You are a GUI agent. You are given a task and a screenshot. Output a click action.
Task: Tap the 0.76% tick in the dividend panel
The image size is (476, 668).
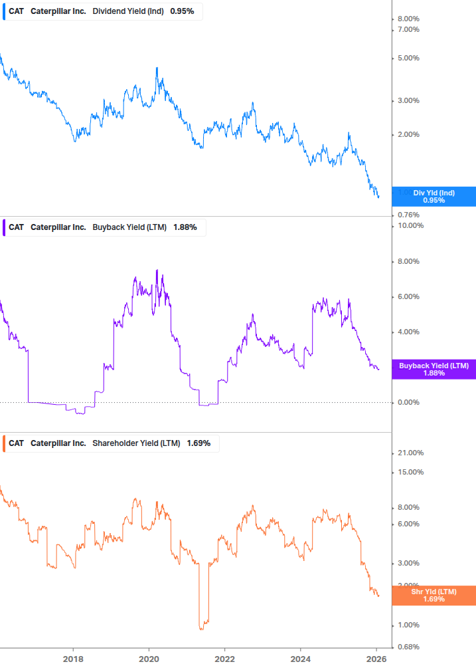pyautogui.click(x=408, y=215)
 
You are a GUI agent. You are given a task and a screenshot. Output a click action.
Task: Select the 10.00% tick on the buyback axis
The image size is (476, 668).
pyautogui.click(x=410, y=226)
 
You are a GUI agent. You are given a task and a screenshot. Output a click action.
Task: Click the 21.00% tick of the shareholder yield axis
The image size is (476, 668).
pyautogui.click(x=410, y=453)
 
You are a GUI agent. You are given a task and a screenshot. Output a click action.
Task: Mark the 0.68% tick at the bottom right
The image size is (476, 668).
pyautogui.click(x=408, y=647)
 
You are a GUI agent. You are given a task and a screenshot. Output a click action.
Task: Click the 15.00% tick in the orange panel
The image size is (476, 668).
pyautogui.click(x=410, y=473)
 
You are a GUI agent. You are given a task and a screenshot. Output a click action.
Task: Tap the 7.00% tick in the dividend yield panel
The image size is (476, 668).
pyautogui.click(x=408, y=29)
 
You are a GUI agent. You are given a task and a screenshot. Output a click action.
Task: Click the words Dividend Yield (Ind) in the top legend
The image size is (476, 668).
pyautogui.click(x=128, y=11)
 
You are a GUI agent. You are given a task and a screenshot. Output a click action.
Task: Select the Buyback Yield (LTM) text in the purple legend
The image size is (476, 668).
pyautogui.click(x=130, y=227)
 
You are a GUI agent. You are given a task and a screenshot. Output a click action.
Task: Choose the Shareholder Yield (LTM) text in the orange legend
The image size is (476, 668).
pyautogui.click(x=136, y=443)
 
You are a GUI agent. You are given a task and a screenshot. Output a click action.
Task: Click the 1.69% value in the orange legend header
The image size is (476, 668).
pyautogui.click(x=198, y=443)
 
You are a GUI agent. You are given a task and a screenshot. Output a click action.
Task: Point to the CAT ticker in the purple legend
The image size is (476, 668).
pyautogui.click(x=16, y=227)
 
